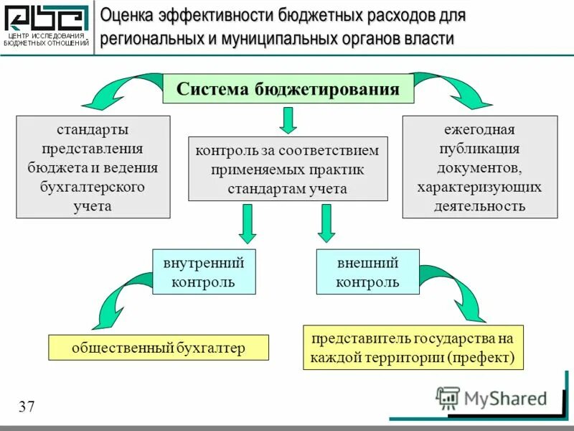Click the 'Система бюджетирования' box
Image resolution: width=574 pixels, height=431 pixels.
coord(288,89)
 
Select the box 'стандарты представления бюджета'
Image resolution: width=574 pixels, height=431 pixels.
coord(93,167)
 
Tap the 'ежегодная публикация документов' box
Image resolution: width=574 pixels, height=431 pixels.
coord(479,167)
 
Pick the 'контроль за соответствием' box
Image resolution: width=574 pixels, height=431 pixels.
coord(288,169)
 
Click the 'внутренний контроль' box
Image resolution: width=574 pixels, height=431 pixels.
coord(204,272)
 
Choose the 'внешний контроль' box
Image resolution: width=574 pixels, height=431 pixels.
coord(367,272)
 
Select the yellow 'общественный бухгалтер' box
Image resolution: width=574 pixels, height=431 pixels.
coord(158,348)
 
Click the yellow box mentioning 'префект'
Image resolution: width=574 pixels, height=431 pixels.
coord(413,348)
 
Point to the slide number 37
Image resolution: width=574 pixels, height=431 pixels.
coord(27,407)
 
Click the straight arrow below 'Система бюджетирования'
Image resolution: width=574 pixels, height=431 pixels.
coord(288,121)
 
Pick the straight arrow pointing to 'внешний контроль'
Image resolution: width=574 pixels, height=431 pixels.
coord(326,223)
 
